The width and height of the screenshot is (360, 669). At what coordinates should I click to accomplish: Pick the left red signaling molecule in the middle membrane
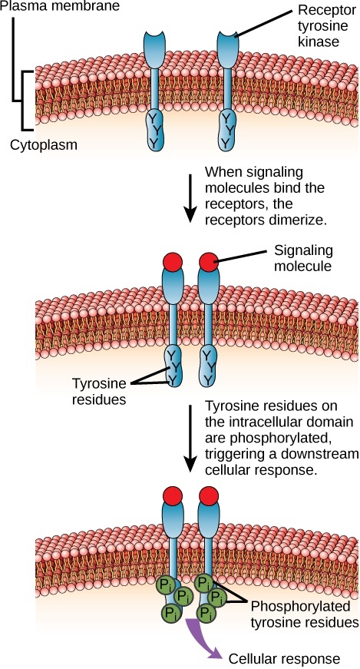(173, 263)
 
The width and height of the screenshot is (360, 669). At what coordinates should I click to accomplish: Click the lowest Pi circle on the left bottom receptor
(170, 612)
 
